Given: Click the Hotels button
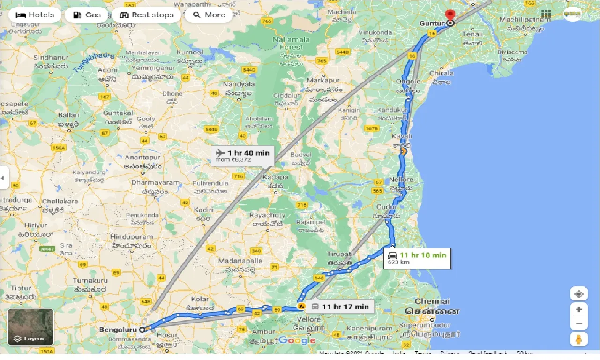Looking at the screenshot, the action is [x=35, y=15].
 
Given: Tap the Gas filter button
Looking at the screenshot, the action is [x=87, y=15].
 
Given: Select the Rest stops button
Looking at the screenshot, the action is [x=146, y=15].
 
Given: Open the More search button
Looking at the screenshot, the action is [x=209, y=15].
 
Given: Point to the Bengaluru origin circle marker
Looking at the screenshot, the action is [x=142, y=330].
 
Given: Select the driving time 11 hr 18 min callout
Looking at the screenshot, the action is [x=417, y=258].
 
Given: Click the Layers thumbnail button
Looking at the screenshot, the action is [x=31, y=327].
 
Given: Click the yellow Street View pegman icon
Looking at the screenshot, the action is [x=579, y=339].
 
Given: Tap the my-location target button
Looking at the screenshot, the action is [x=579, y=294].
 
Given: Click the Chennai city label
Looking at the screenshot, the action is [x=433, y=301].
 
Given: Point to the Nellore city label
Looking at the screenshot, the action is [x=401, y=180].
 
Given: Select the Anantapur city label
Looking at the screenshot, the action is [x=142, y=158].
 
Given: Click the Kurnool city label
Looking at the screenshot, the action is [x=190, y=52].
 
